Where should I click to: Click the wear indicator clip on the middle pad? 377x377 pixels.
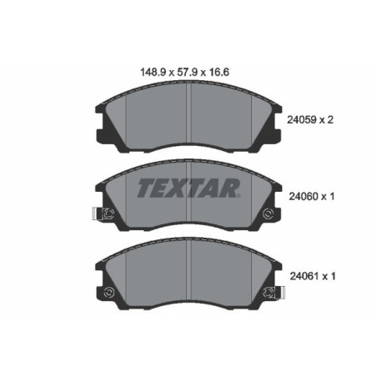pos(98,215)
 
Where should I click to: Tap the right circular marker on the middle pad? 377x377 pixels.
pos(267,215)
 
